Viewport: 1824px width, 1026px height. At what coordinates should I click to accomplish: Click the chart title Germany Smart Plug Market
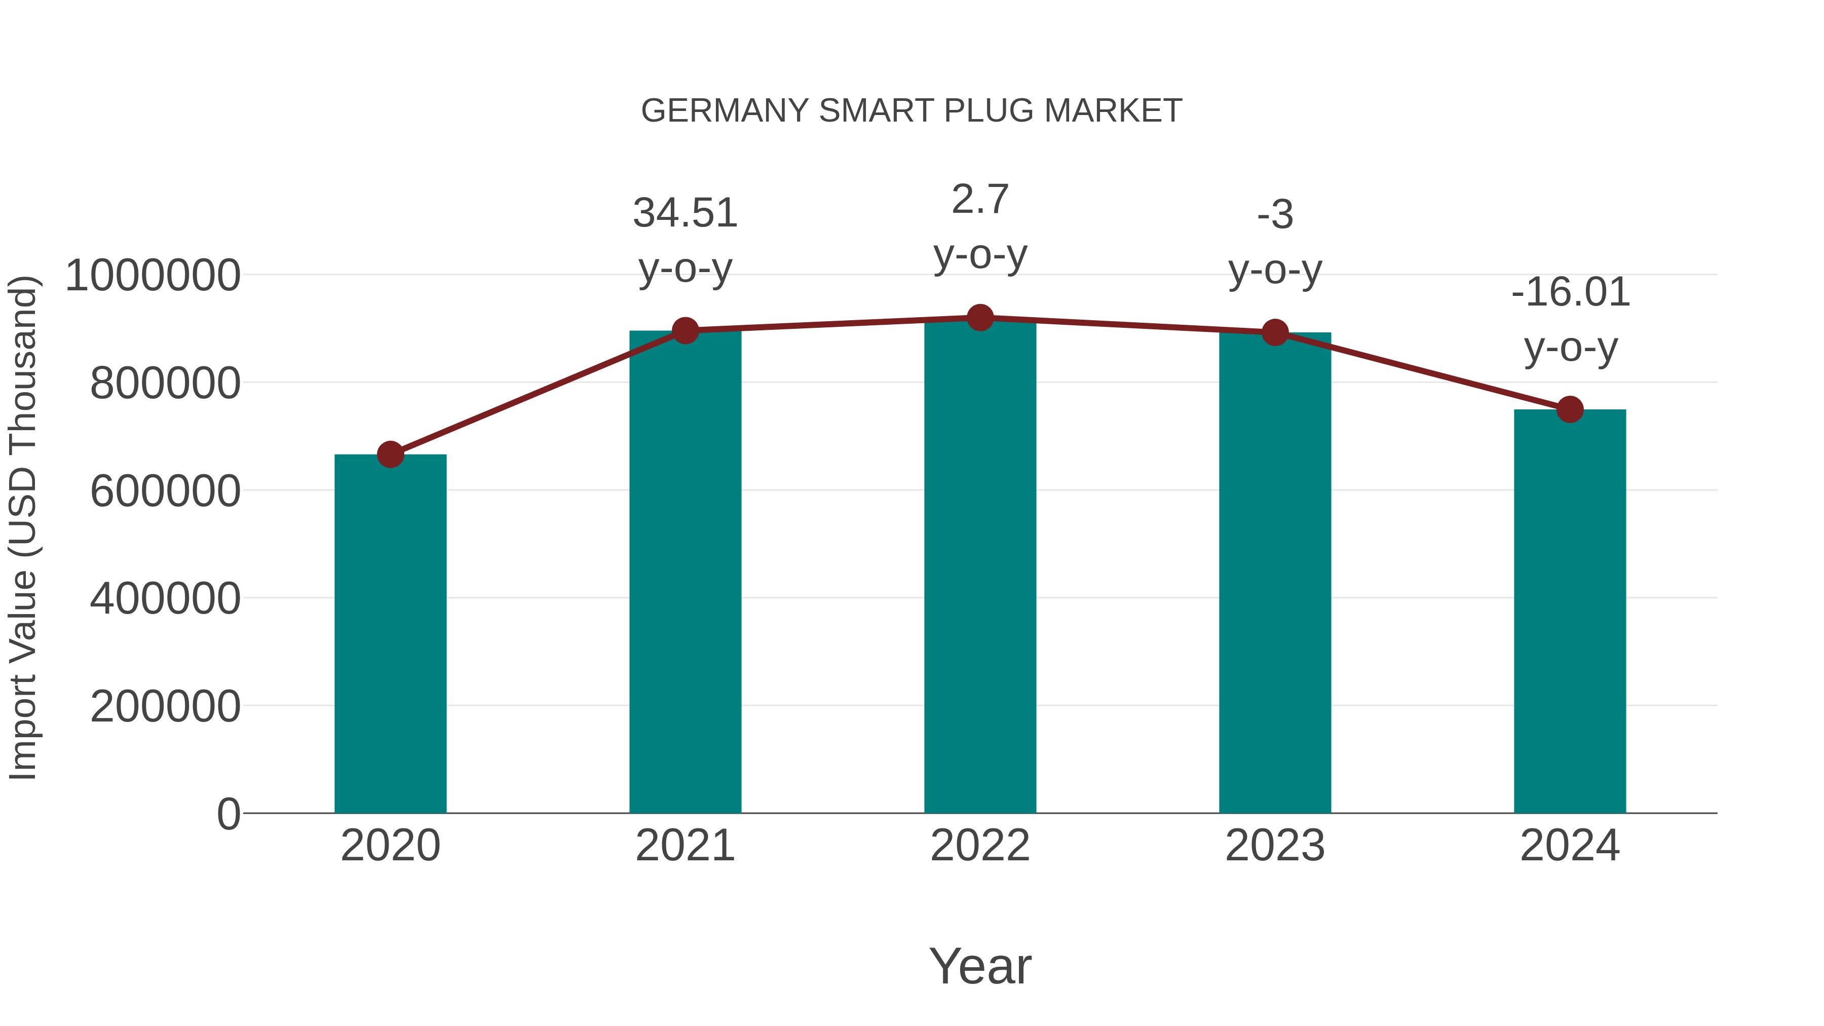911,111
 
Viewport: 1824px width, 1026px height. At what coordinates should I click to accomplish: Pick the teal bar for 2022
980,566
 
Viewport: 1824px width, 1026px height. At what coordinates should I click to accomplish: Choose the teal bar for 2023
1275,574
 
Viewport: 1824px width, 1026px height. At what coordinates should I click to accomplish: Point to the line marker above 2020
390,454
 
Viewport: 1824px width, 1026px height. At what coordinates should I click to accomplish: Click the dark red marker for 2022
980,318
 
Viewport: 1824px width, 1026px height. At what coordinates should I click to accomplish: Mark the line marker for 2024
1570,409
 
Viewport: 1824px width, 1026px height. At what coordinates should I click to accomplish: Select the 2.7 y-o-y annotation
980,226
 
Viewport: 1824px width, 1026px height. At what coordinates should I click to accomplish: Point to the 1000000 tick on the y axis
152,276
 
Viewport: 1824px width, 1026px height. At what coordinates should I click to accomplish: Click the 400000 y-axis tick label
165,599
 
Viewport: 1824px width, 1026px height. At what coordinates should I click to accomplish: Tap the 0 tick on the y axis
229,814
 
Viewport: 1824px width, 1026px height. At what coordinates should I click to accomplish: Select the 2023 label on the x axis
1275,846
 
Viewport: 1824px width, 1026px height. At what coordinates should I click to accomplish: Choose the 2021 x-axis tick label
685,846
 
